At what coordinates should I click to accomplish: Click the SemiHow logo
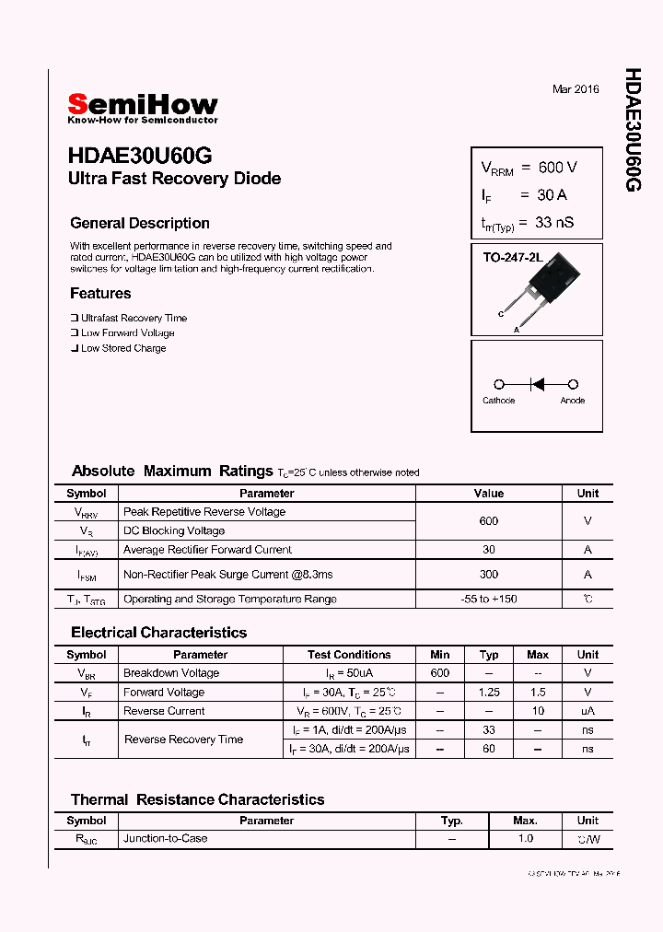click(143, 107)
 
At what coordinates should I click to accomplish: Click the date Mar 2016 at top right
click(576, 89)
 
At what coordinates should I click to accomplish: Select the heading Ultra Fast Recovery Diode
click(174, 179)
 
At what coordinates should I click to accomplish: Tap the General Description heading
click(140, 224)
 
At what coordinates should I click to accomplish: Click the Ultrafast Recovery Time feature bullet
click(134, 318)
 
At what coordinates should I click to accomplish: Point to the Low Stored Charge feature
click(123, 348)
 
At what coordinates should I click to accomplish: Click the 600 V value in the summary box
click(558, 167)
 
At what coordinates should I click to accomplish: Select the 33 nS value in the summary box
click(555, 222)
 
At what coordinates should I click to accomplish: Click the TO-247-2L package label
click(513, 258)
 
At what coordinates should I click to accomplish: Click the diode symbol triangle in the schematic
click(537, 384)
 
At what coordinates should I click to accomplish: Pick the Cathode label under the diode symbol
click(499, 401)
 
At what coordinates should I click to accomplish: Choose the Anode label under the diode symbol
click(573, 401)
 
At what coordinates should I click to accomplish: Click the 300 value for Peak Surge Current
click(488, 574)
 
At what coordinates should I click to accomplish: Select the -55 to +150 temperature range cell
click(488, 599)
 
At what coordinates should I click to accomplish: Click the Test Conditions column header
click(349, 655)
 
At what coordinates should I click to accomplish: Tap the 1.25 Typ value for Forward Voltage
click(488, 693)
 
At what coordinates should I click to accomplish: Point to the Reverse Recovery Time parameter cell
click(183, 740)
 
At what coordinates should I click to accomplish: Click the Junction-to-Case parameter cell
click(166, 839)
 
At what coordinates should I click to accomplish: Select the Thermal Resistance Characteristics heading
click(197, 799)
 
